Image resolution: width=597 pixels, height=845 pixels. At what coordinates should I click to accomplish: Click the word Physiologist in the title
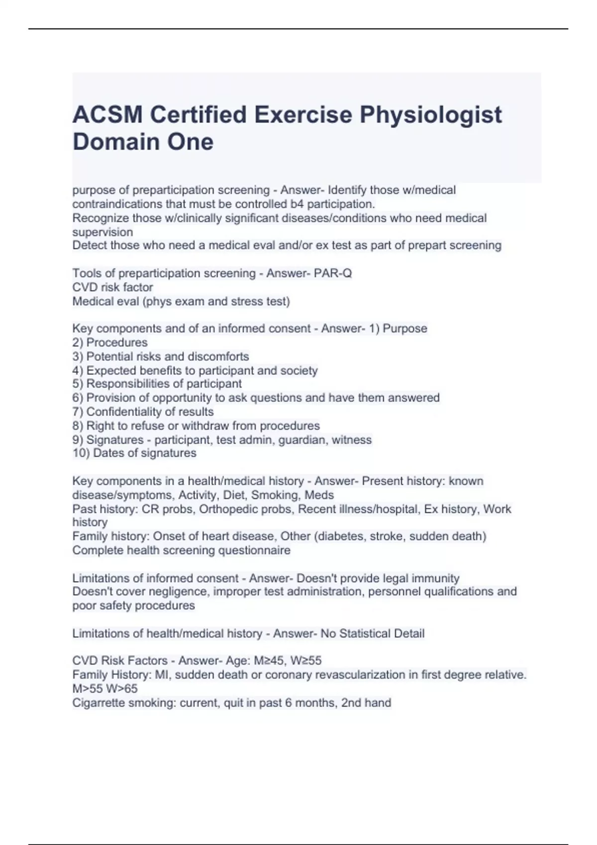(x=430, y=115)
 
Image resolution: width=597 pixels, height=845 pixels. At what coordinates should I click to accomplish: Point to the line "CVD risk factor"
(x=112, y=287)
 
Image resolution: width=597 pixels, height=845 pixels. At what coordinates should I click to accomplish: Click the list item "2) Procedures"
(x=110, y=342)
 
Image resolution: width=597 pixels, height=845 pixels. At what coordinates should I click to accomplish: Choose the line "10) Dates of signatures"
(x=134, y=453)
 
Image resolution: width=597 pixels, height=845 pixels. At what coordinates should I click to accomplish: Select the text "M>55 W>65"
(x=105, y=688)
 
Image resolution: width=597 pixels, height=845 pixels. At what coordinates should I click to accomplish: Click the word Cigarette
(x=99, y=703)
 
